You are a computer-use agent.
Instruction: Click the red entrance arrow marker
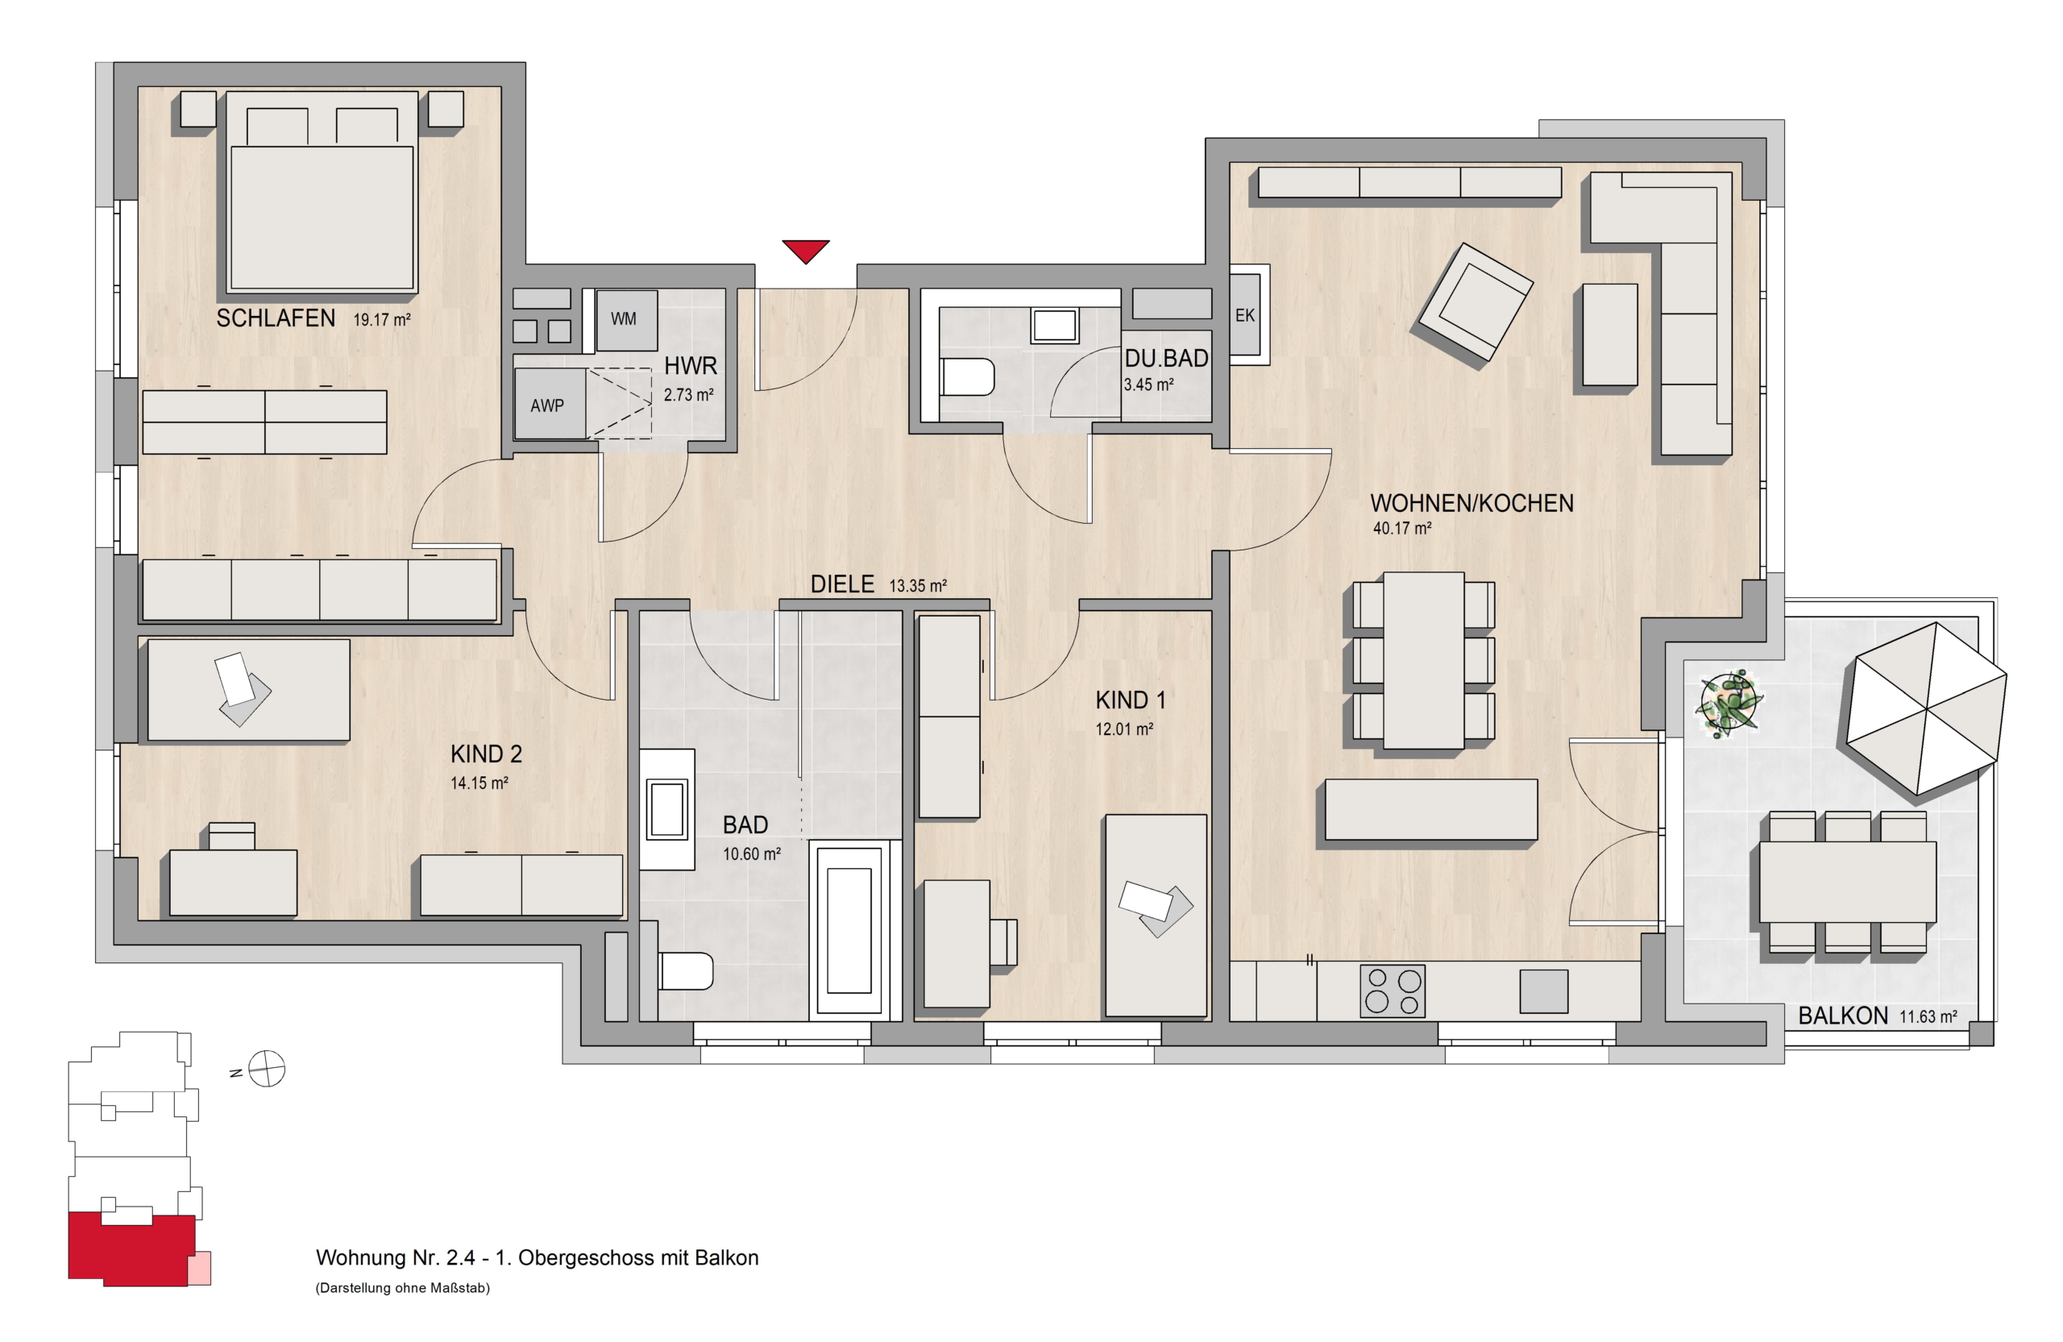805,251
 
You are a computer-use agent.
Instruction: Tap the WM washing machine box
626,319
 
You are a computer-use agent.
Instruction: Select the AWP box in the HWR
550,404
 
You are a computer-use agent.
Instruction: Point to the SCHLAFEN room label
276,318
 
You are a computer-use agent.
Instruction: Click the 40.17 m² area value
1401,528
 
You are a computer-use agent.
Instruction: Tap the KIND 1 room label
1131,700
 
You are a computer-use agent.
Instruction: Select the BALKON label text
1843,1016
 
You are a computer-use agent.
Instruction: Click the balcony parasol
1926,708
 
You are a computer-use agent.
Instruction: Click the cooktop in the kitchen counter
1392,991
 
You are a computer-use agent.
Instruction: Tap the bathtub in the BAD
849,930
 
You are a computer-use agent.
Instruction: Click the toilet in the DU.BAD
966,377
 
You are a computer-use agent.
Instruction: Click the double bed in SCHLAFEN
322,192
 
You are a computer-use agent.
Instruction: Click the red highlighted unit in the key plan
131,1249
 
